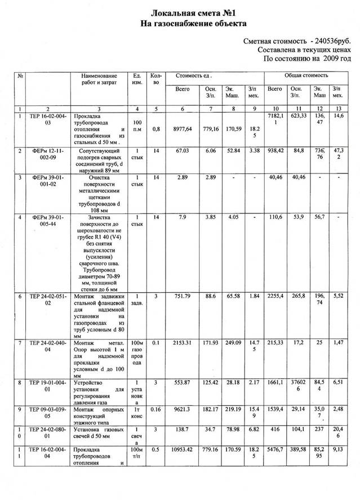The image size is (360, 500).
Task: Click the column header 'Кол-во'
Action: (156, 79)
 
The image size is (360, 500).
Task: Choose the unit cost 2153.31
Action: (182, 343)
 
